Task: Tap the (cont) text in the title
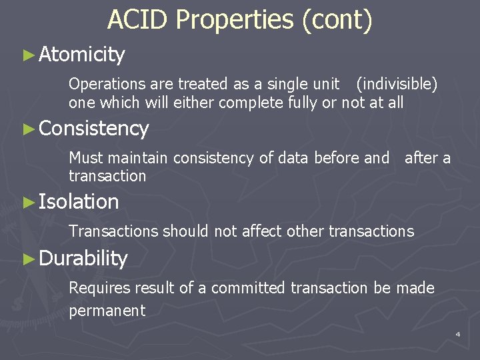point(337,20)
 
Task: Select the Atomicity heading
point(82,55)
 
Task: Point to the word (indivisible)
point(397,84)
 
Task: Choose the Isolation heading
point(79,201)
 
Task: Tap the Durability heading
point(83,259)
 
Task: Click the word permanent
point(107,310)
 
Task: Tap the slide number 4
point(458,333)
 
